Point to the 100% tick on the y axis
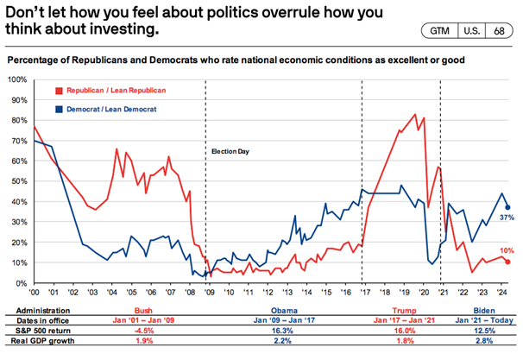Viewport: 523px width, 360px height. coord(16,79)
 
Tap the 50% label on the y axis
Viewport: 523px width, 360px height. coord(18,181)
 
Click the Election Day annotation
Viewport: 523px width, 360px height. coord(228,151)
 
